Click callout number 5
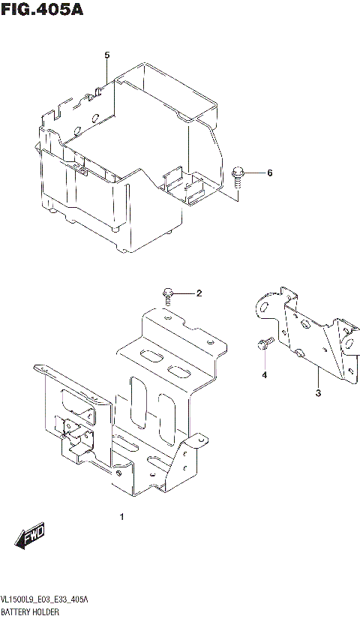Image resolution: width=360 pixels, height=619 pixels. [x=107, y=56]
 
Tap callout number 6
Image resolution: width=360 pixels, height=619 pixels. [x=269, y=173]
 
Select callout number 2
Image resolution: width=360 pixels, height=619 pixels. [x=199, y=293]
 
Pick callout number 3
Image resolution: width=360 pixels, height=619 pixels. [x=317, y=393]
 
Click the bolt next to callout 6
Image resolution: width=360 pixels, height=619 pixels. [x=238, y=174]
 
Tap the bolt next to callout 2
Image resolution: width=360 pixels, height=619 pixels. [x=167, y=293]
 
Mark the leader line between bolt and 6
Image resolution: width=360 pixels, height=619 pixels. [x=255, y=173]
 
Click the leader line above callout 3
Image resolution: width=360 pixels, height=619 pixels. [x=317, y=375]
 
